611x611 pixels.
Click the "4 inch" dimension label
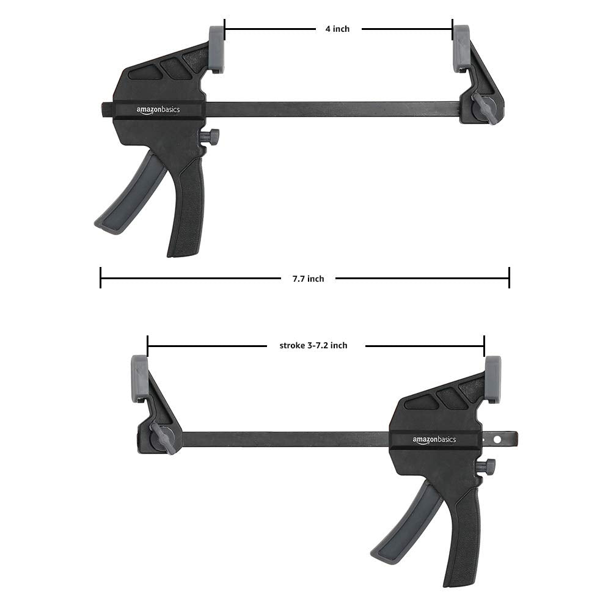click(337, 29)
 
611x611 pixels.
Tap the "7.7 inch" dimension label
click(308, 279)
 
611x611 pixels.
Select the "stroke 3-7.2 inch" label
click(313, 346)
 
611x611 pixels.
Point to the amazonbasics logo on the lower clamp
click(434, 439)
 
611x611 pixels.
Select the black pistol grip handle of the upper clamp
click(187, 208)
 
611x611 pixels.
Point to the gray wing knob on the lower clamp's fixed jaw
click(164, 437)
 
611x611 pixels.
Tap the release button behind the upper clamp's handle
click(211, 137)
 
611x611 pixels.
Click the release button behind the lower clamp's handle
click(486, 467)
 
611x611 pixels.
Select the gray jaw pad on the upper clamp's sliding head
click(217, 49)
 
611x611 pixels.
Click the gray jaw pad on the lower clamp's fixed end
click(139, 379)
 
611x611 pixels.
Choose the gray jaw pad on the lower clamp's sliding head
click(492, 379)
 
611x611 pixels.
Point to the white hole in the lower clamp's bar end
click(497, 439)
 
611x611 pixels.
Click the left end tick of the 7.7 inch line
click(101, 277)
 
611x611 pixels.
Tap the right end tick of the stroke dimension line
click(484, 346)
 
